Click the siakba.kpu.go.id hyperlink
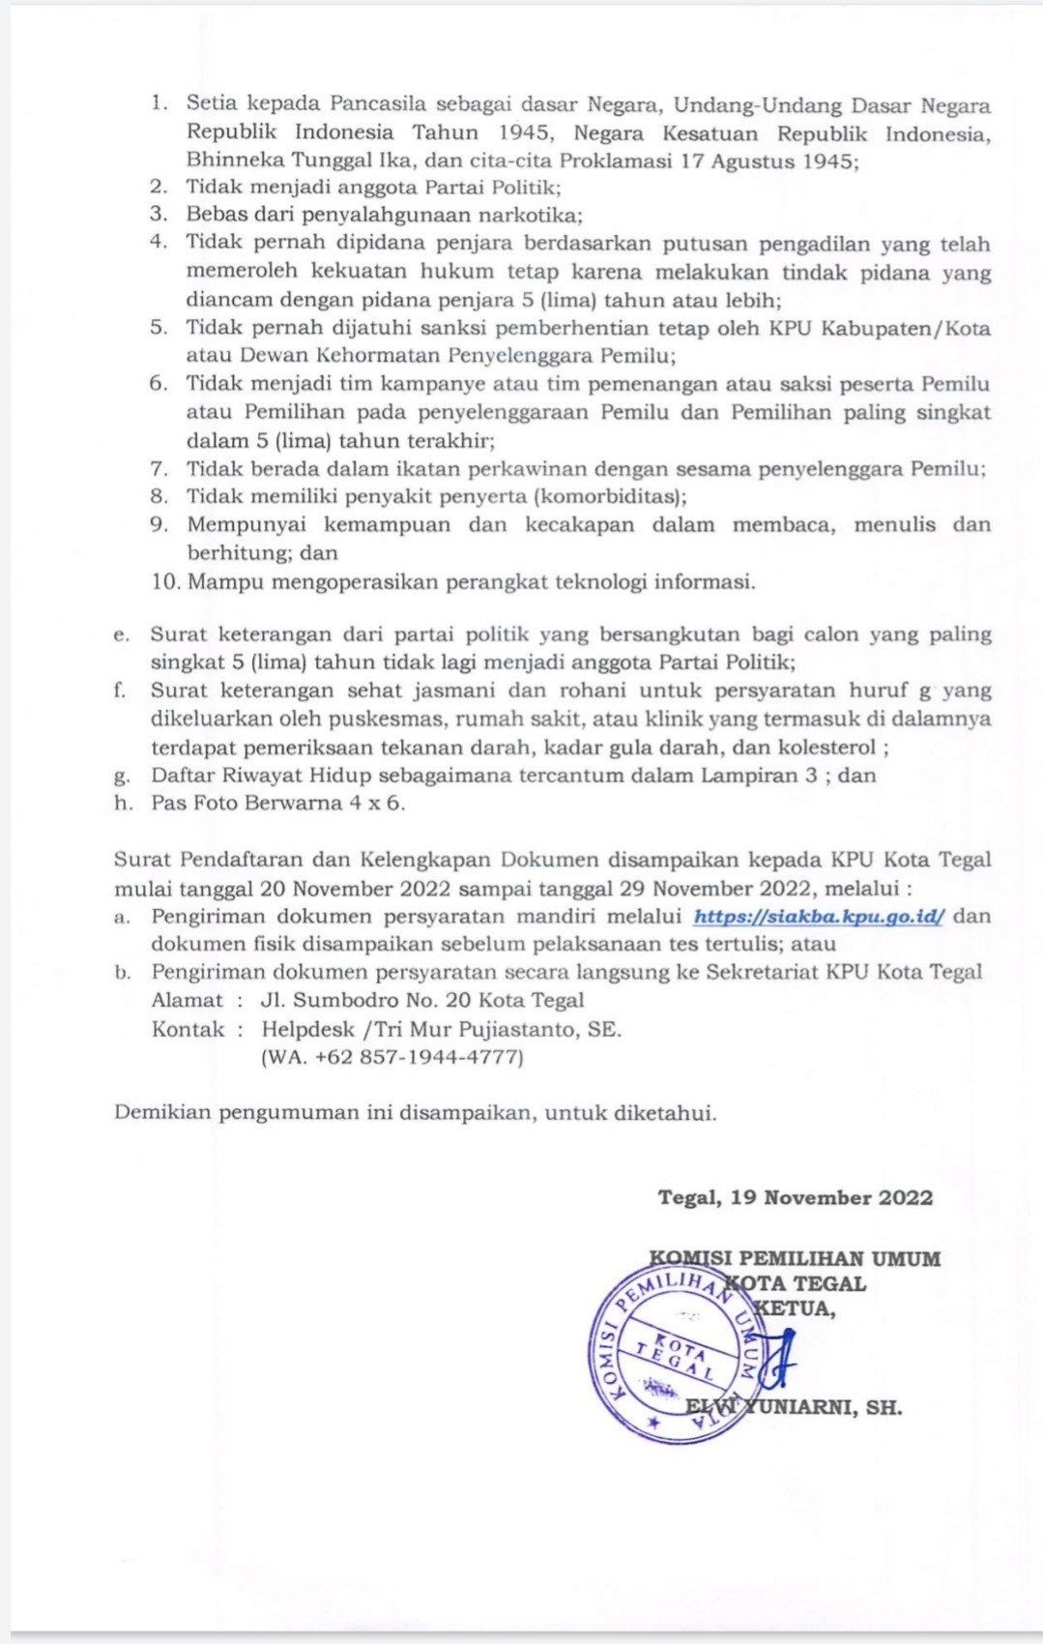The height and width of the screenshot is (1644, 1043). (819, 916)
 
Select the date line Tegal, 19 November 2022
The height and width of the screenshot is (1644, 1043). (795, 1197)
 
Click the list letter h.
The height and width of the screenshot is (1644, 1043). (122, 803)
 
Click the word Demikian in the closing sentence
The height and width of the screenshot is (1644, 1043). (161, 1112)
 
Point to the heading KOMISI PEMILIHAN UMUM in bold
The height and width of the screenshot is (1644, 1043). (795, 1258)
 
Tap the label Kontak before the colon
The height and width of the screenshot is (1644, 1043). (188, 1029)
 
